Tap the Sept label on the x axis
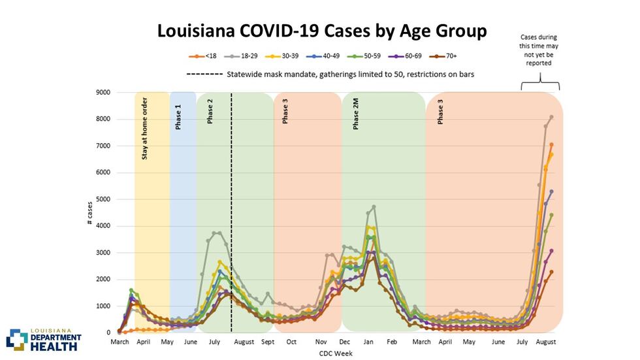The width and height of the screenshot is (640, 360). click(x=268, y=342)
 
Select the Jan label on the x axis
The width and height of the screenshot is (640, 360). click(x=369, y=342)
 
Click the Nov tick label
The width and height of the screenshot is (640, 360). click(x=321, y=342)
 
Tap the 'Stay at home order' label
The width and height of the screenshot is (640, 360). click(x=144, y=128)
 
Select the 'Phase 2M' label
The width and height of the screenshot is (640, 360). click(x=356, y=114)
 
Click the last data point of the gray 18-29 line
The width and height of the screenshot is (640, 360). click(x=552, y=117)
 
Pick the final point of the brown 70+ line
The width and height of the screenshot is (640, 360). click(x=552, y=272)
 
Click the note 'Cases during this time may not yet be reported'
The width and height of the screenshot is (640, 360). click(x=539, y=50)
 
